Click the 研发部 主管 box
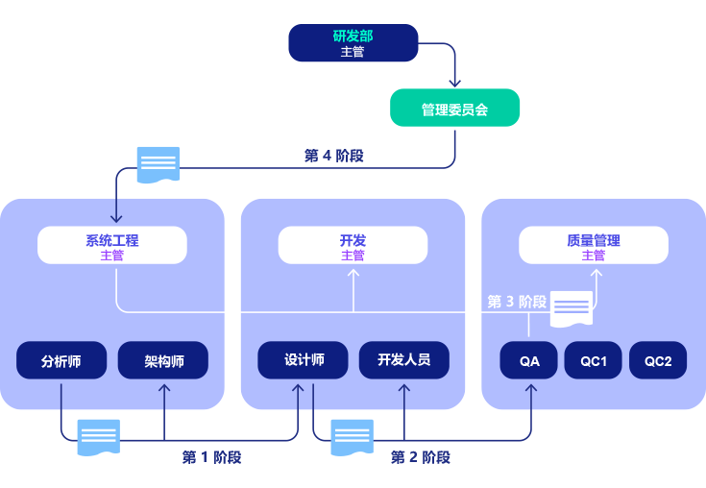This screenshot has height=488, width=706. (353, 43)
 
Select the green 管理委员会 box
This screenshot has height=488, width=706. (454, 109)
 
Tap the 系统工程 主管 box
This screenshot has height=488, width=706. (111, 246)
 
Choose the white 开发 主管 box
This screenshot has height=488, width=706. (353, 246)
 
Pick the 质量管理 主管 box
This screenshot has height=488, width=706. (593, 246)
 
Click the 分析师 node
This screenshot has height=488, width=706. (61, 361)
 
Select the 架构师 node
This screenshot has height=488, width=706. (163, 361)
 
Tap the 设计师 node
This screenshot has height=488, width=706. (304, 360)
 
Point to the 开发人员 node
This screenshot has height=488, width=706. (403, 360)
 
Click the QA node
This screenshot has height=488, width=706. (529, 361)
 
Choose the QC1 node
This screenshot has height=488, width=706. (593, 361)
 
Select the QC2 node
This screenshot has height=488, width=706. (658, 361)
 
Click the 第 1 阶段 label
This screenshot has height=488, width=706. (211, 457)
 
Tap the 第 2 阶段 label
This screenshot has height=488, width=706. (420, 457)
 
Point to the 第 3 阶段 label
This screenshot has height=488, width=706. (517, 302)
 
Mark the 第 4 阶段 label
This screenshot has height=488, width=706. (333, 156)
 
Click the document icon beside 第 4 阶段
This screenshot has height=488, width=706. (158, 164)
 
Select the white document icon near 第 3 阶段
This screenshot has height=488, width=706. (571, 308)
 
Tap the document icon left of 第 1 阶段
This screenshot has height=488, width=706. (99, 437)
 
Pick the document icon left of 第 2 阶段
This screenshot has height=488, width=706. (352, 437)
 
